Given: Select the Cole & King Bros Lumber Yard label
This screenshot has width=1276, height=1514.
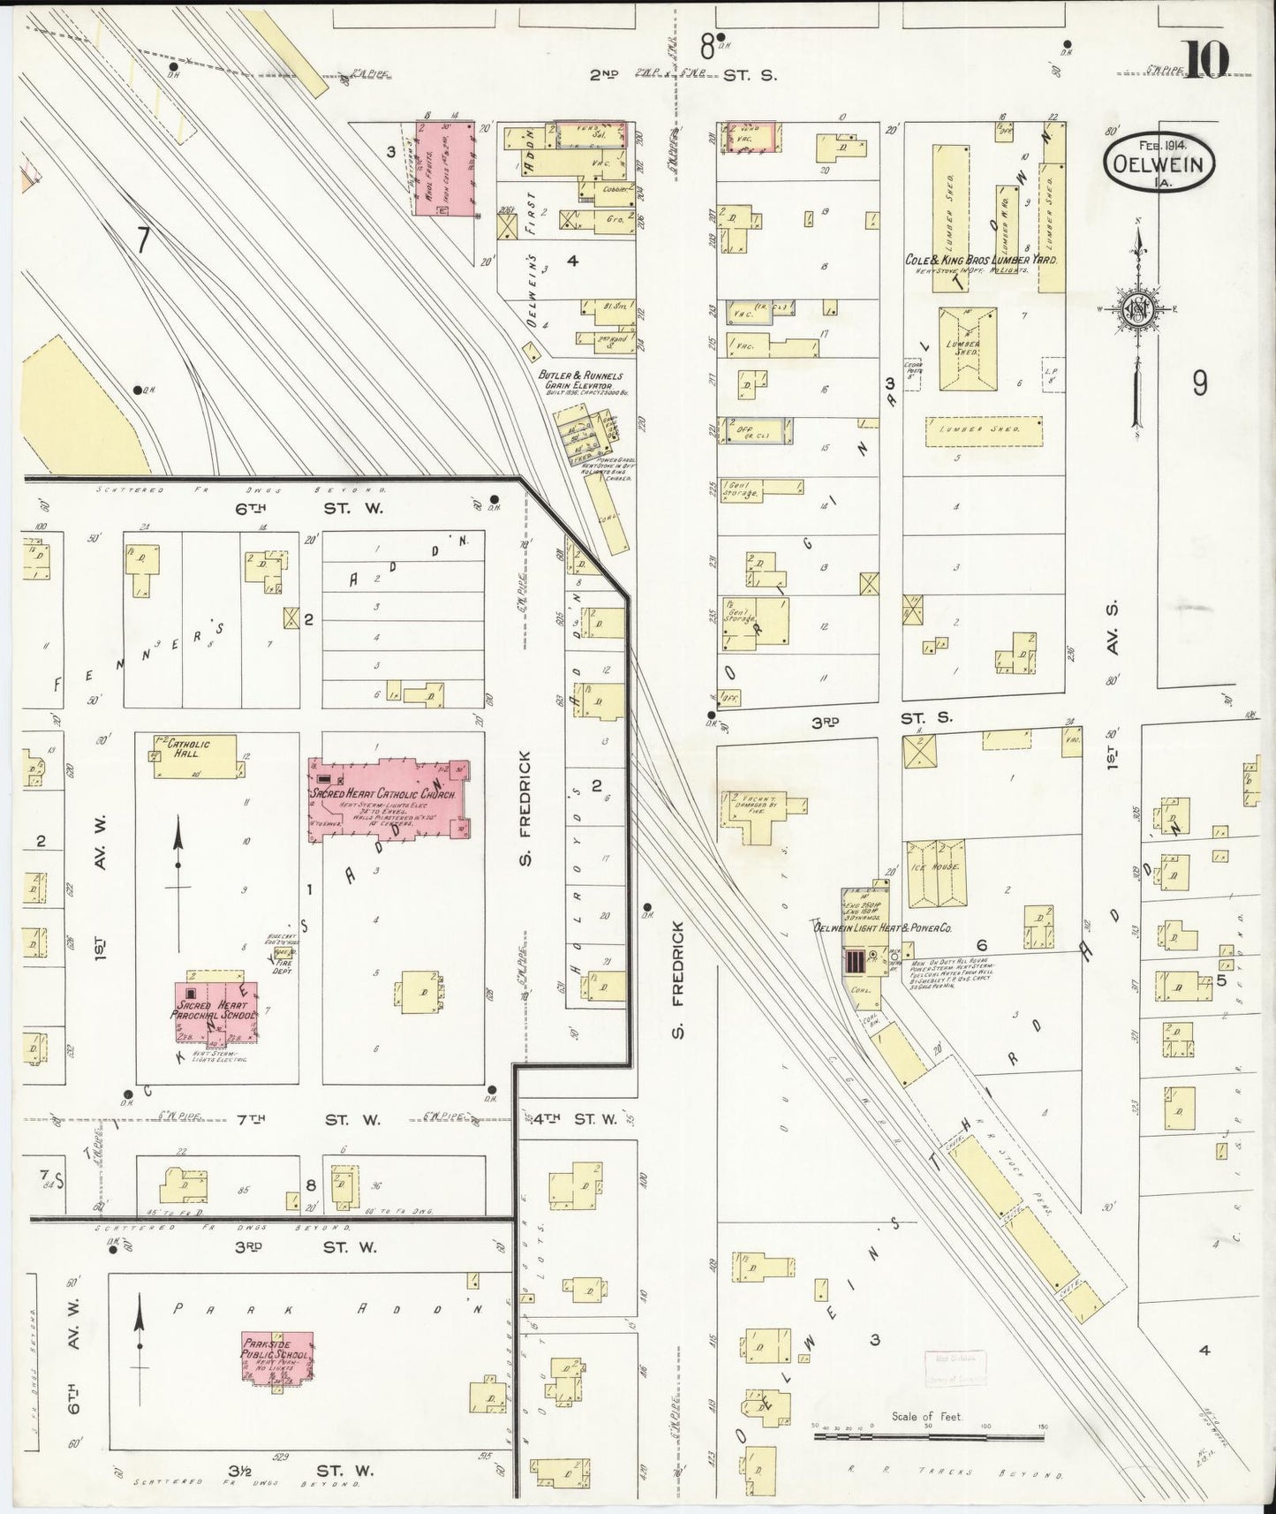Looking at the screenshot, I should point(981,261).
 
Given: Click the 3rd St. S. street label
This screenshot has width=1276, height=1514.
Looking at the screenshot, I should point(874,721).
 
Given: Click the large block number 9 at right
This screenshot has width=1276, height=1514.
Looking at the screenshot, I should point(1199,383).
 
